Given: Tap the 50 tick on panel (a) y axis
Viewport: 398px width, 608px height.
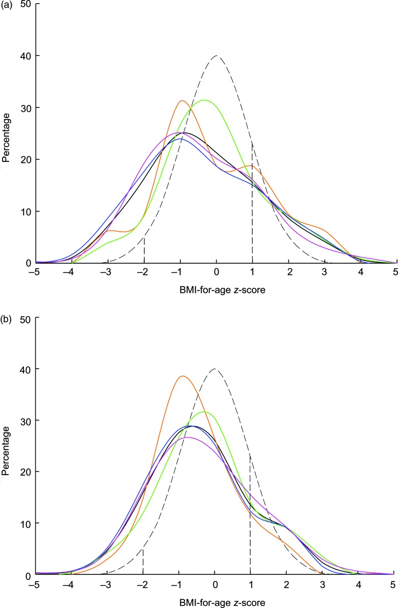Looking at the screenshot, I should click(23, 4).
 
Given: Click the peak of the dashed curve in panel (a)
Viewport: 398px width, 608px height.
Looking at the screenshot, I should click(217, 56).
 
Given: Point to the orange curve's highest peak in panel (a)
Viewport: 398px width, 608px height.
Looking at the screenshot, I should click(181, 101).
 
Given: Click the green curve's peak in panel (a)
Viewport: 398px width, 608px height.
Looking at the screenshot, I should click(205, 100).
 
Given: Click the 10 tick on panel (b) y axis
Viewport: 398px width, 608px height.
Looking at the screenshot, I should click(23, 523).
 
